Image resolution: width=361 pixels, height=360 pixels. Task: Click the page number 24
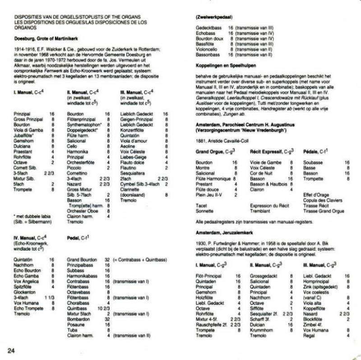click(11, 349)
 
